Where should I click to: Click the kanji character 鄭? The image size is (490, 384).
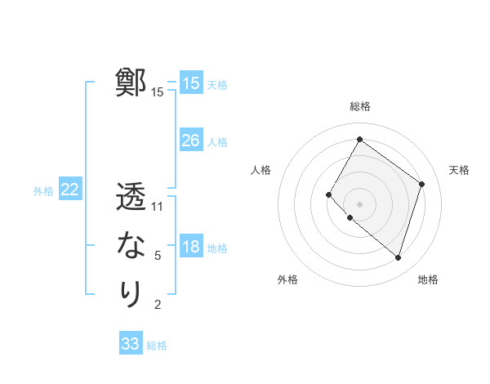tap(131, 83)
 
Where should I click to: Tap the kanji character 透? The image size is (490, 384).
tap(131, 198)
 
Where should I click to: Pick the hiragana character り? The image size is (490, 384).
tap(131, 293)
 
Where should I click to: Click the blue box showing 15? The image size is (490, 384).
tap(191, 83)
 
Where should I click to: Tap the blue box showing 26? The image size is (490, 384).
tap(191, 141)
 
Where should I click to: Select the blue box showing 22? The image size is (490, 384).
tap(70, 190)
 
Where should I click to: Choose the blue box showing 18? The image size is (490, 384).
tap(191, 247)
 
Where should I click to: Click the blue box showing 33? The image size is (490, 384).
tap(131, 344)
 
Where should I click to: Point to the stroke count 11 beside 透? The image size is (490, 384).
tap(158, 207)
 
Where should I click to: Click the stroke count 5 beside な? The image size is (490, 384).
tap(158, 256)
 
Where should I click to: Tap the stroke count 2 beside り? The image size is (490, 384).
tap(158, 305)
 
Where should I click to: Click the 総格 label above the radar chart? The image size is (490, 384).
tap(359, 106)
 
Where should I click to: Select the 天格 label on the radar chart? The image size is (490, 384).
tap(459, 170)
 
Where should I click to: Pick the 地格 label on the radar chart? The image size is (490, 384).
tap(428, 279)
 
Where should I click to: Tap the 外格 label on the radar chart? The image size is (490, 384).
tap(287, 279)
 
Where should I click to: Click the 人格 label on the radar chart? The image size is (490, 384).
tap(261, 170)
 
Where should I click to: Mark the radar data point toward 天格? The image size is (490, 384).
tap(421, 184)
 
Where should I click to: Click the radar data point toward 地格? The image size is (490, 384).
tap(398, 257)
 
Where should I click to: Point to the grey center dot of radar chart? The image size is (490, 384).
tap(359, 203)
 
